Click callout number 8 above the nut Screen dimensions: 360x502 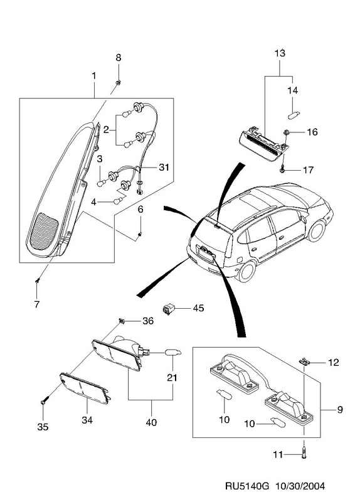click(x=119, y=58)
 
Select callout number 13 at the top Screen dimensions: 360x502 click(x=280, y=53)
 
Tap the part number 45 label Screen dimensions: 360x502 click(x=198, y=308)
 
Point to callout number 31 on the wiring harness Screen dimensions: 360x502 click(x=164, y=167)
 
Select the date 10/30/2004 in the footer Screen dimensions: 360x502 click(x=300, y=486)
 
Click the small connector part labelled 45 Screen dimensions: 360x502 click(x=168, y=309)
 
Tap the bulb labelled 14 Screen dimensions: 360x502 click(x=293, y=115)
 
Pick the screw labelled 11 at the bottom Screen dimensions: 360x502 click(x=304, y=454)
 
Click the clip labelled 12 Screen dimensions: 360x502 click(x=304, y=362)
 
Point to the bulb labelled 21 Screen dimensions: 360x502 click(x=173, y=353)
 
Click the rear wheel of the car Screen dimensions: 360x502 click(x=247, y=270)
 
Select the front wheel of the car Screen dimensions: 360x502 click(x=317, y=230)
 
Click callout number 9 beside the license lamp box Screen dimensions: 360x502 click(x=340, y=410)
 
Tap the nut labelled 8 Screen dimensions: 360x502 click(x=118, y=83)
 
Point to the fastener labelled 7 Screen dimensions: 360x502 click(x=38, y=280)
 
